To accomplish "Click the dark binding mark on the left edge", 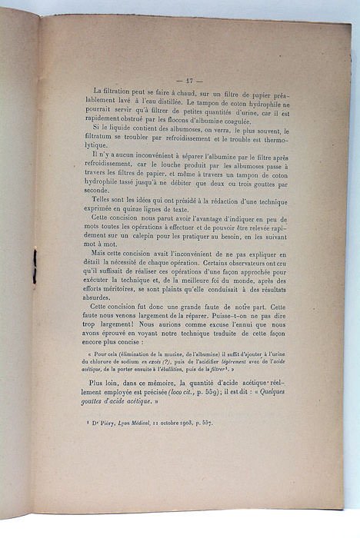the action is click(35, 266).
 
